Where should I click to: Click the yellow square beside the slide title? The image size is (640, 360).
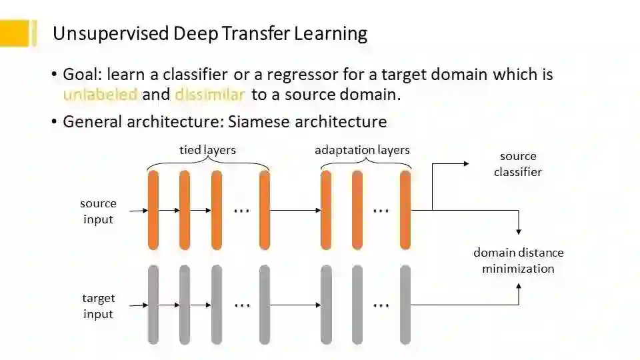15,33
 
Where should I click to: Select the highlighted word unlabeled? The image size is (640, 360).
100,95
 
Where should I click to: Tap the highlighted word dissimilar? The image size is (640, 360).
210,95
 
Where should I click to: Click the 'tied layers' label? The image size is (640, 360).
207,150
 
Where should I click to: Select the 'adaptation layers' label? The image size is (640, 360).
362,150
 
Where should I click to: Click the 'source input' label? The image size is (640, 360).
98,211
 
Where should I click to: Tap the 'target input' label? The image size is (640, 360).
98,306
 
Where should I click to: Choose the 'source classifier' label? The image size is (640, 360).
518,164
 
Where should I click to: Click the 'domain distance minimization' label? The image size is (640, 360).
518,261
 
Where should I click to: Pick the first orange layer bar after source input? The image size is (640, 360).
153,210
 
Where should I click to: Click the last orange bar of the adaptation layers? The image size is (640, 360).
405,210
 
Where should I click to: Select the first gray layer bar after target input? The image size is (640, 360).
153,305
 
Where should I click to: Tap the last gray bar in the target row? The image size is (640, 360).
405,305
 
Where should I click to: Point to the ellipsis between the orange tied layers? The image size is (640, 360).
241,210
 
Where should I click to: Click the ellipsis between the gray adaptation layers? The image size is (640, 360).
381,305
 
